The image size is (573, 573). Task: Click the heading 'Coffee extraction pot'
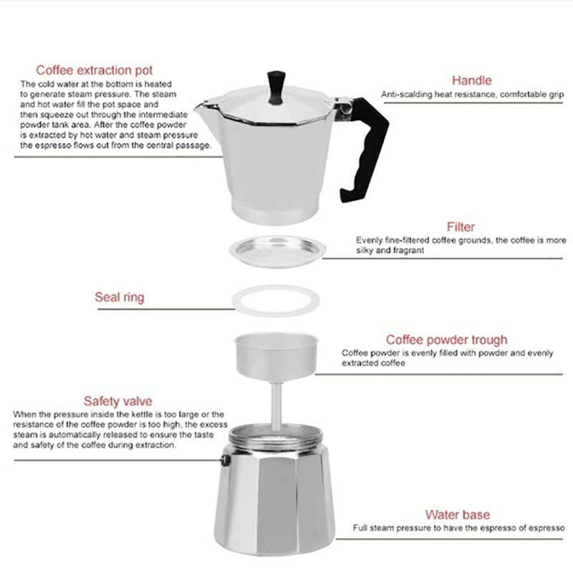click(95, 70)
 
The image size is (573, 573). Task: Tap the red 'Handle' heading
click(471, 80)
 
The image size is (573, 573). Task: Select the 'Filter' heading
click(461, 227)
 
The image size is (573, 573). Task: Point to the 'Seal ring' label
click(120, 297)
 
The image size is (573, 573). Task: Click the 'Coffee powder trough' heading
click(446, 340)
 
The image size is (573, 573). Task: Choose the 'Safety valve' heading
click(117, 401)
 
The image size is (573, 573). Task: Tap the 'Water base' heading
click(457, 514)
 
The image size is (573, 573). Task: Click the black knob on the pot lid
click(276, 87)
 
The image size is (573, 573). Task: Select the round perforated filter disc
click(277, 251)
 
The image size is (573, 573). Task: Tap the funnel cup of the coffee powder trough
click(276, 355)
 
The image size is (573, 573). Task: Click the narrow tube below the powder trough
click(276, 405)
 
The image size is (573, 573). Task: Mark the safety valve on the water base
click(226, 460)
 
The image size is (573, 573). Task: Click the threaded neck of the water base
click(276, 437)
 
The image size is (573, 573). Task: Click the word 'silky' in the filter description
click(365, 250)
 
